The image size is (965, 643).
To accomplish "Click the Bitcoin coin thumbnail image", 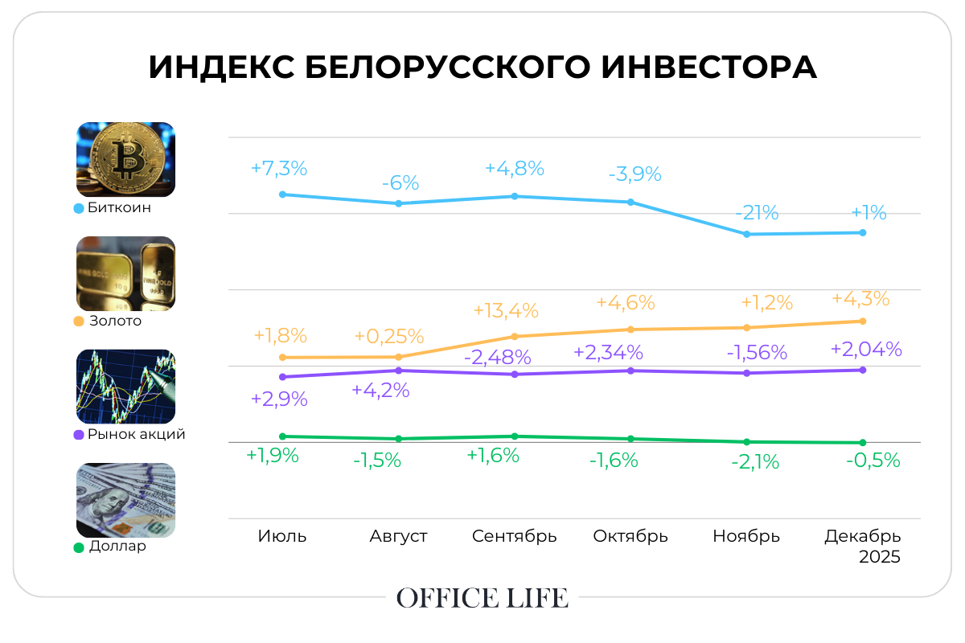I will (125, 159).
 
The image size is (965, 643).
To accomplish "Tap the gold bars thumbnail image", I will (125, 273).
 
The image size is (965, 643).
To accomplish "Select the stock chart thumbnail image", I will (125, 387).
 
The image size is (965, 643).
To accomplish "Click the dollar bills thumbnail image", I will (125, 500).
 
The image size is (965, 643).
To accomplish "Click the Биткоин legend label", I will (119, 207).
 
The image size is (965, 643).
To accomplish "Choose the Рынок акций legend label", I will (136, 434).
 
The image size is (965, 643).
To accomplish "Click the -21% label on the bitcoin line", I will (757, 214).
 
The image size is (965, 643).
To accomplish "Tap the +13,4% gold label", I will (506, 310).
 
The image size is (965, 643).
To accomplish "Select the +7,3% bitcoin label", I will (279, 169).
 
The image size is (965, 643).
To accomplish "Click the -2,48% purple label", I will (499, 356).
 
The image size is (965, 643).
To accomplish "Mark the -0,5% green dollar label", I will (873, 461).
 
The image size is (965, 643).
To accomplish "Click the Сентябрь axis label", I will (515, 536).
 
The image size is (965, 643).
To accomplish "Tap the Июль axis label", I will (282, 536).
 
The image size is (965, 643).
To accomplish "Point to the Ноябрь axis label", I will (746, 536).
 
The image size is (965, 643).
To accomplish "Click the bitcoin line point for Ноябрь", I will (747, 234).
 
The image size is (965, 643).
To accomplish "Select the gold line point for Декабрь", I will (863, 321).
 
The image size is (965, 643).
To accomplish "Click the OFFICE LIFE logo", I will (482, 598).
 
